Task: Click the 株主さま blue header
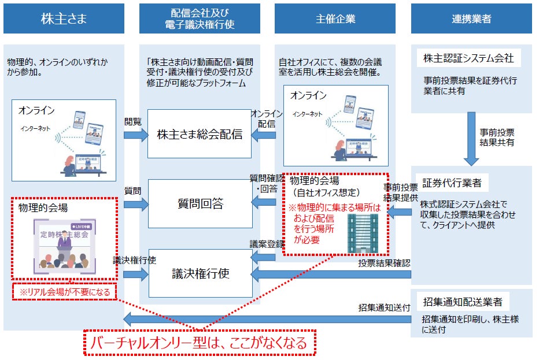(64, 19)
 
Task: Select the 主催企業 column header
(335, 19)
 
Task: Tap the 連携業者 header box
(471, 19)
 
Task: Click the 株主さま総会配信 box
(200, 135)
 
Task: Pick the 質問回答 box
(200, 203)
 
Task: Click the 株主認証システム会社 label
(468, 58)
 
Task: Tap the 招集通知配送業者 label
(462, 302)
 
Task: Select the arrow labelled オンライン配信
(265, 135)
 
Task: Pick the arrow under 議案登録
(265, 257)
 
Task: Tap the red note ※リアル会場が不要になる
(65, 292)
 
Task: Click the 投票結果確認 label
(384, 263)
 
